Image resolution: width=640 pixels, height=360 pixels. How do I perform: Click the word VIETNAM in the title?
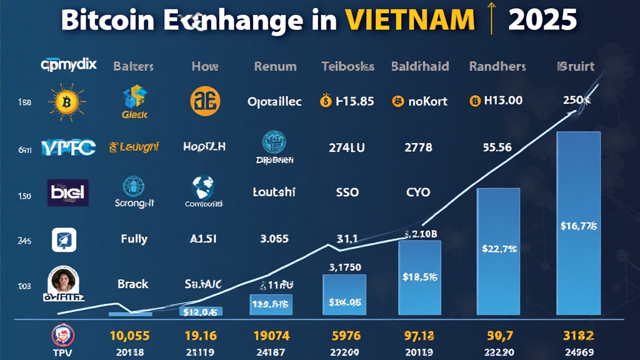click(x=409, y=21)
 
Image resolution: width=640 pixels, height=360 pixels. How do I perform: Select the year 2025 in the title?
click(x=542, y=21)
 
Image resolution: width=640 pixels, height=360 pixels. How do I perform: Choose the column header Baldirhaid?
click(x=420, y=66)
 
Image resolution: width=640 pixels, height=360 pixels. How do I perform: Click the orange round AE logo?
click(x=205, y=101)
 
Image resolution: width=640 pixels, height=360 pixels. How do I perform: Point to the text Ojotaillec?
click(x=274, y=101)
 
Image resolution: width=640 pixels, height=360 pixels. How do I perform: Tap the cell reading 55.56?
click(x=497, y=147)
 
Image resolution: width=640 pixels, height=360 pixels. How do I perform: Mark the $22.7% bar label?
click(x=499, y=248)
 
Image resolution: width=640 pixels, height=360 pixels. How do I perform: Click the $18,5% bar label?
click(x=419, y=276)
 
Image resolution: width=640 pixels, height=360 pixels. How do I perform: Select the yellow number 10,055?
click(x=129, y=336)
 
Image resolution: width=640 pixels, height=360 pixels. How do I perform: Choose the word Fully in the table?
click(x=134, y=238)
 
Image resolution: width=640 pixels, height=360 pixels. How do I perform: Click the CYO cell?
click(x=418, y=192)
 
